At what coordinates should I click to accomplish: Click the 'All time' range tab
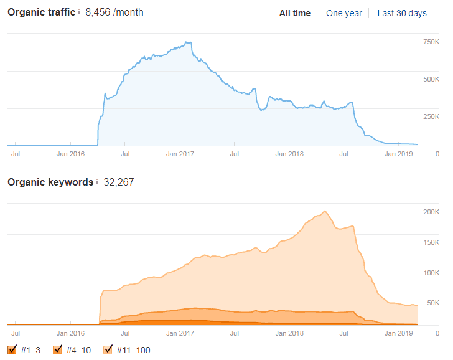tap(294, 13)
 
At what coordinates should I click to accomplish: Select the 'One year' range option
tap(343, 13)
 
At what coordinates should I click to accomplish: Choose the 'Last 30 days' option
tap(402, 13)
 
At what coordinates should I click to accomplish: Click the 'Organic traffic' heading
tap(41, 12)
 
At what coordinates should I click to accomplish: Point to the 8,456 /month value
tap(114, 12)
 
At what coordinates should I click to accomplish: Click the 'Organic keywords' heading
tap(50, 182)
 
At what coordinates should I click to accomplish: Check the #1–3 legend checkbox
tap(12, 349)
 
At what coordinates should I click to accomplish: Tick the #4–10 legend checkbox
tap(58, 349)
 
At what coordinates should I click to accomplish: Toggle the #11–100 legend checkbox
tap(108, 349)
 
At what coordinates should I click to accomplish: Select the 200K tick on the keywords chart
tap(431, 212)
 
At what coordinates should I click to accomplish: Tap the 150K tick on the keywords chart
tap(431, 242)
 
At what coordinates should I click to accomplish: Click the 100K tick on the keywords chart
tap(431, 272)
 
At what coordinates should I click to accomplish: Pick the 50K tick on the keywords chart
tap(433, 302)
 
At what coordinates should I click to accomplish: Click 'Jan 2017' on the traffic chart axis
tap(180, 153)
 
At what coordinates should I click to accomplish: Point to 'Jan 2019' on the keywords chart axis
tap(398, 333)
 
